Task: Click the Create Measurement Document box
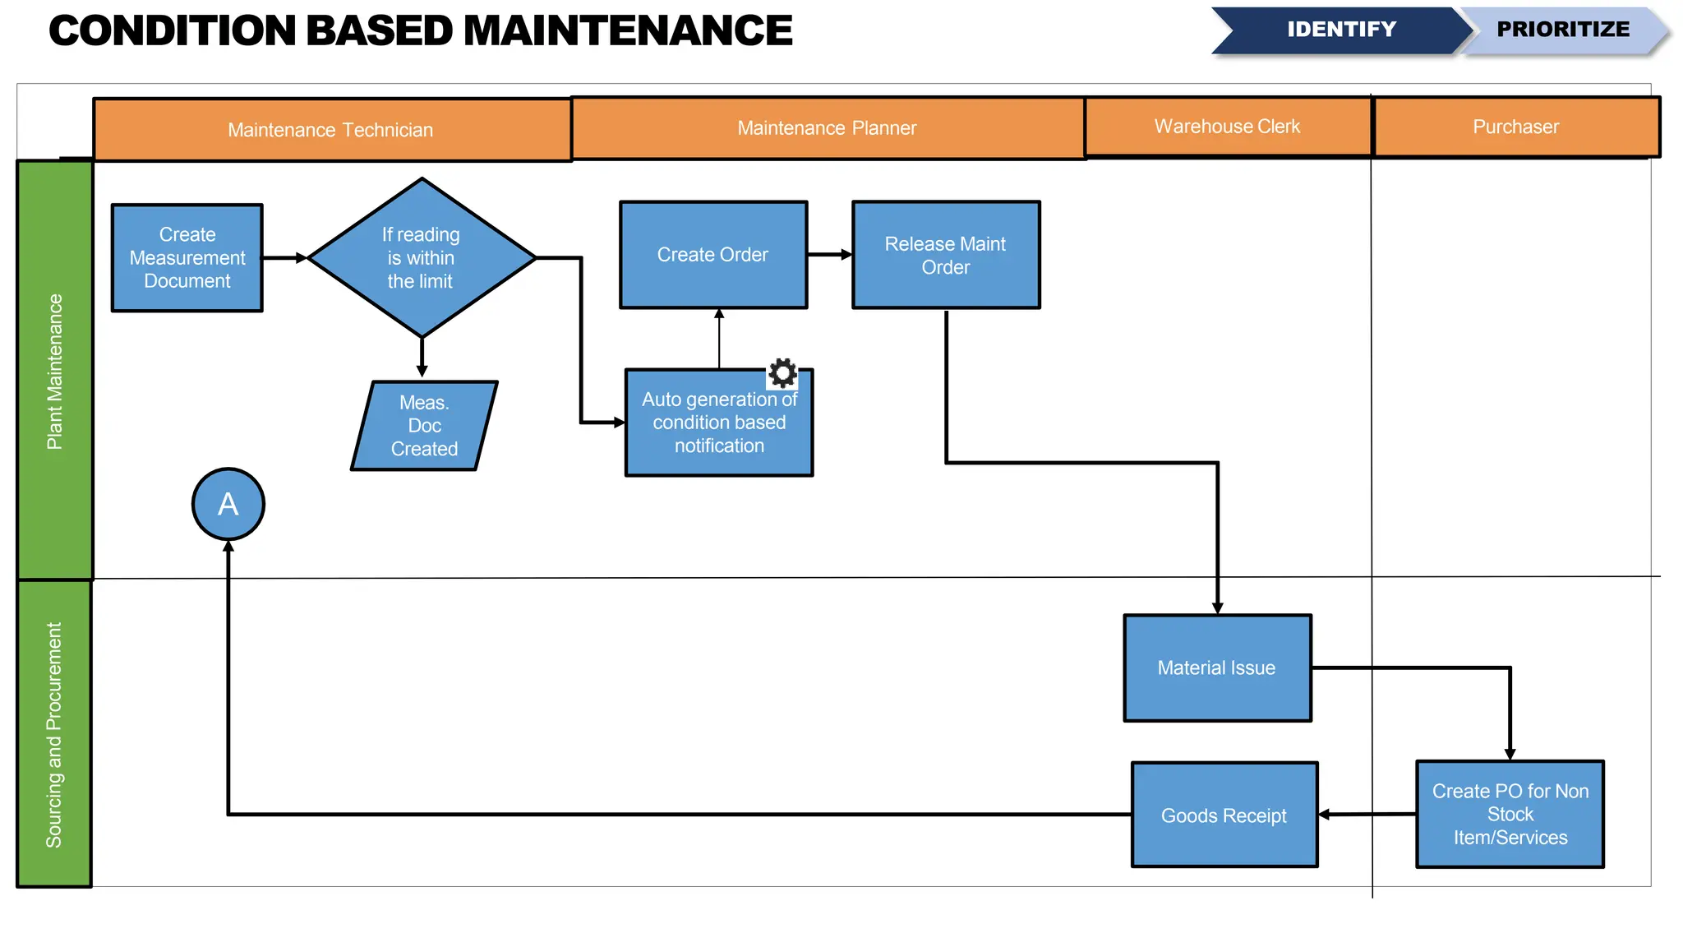coord(187,258)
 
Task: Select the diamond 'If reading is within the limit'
coord(421,258)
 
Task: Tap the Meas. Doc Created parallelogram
coord(424,426)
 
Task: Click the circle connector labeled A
coord(228,504)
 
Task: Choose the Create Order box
coord(712,255)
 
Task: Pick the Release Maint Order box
coord(945,255)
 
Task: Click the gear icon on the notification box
coord(782,373)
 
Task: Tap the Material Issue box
coord(1217,668)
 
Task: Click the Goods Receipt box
coord(1224,815)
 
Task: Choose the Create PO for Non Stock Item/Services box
coord(1510,814)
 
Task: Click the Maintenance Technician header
coord(331,130)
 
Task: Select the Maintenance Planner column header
coord(827,128)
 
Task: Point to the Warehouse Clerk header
coord(1227,127)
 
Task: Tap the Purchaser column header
coord(1515,127)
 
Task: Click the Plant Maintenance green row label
coord(54,370)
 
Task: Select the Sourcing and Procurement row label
coord(54,733)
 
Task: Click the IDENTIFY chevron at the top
coord(1341,30)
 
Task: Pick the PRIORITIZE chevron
coord(1563,30)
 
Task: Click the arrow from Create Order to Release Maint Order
coord(829,255)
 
